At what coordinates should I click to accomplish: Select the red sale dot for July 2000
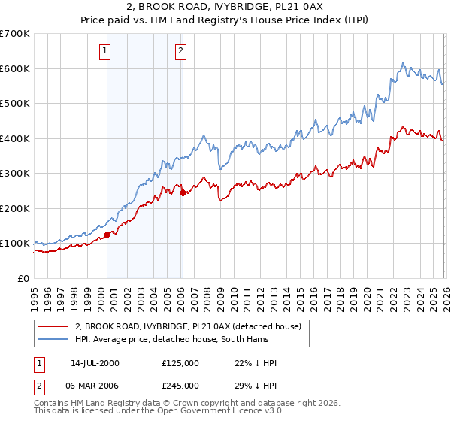tap(107, 235)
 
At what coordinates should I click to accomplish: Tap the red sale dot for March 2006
tap(183, 192)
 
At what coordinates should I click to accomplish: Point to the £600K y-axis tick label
tap(14, 68)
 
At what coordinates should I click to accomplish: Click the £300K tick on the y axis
tap(14, 173)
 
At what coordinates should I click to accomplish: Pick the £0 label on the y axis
tap(24, 278)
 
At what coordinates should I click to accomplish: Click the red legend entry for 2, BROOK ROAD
tap(188, 326)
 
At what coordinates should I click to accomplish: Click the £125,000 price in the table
tap(180, 363)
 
